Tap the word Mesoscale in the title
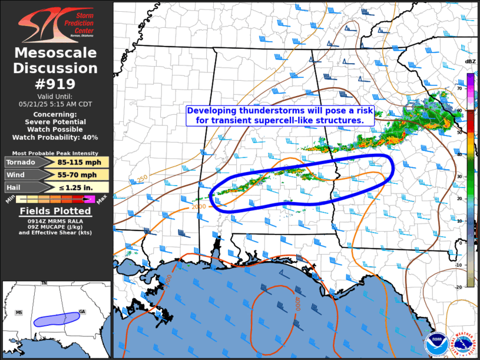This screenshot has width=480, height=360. tap(56, 53)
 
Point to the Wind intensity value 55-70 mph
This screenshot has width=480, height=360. tap(79, 175)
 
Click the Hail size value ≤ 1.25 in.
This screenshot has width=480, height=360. tap(79, 187)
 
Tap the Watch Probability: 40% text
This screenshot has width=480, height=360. tap(57, 137)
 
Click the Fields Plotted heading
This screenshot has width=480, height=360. tap(56, 210)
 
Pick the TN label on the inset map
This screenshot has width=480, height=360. tap(44, 283)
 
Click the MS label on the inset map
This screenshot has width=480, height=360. tap(19, 312)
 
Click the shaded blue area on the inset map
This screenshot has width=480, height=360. tap(57, 319)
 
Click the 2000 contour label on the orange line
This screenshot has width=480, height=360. tap(198, 207)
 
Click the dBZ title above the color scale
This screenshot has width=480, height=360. tap(470, 61)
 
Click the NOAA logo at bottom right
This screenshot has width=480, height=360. tap(436, 343)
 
